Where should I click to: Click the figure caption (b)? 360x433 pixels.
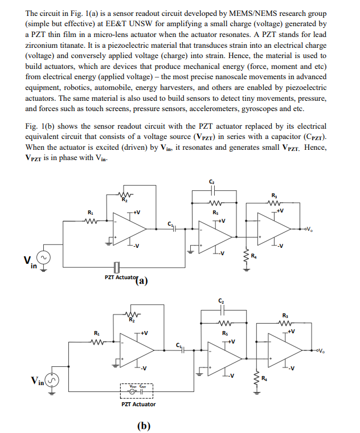click(x=143, y=425)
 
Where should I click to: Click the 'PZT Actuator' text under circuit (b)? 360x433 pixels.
click(x=138, y=404)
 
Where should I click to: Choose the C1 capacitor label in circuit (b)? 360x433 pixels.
click(x=179, y=345)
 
